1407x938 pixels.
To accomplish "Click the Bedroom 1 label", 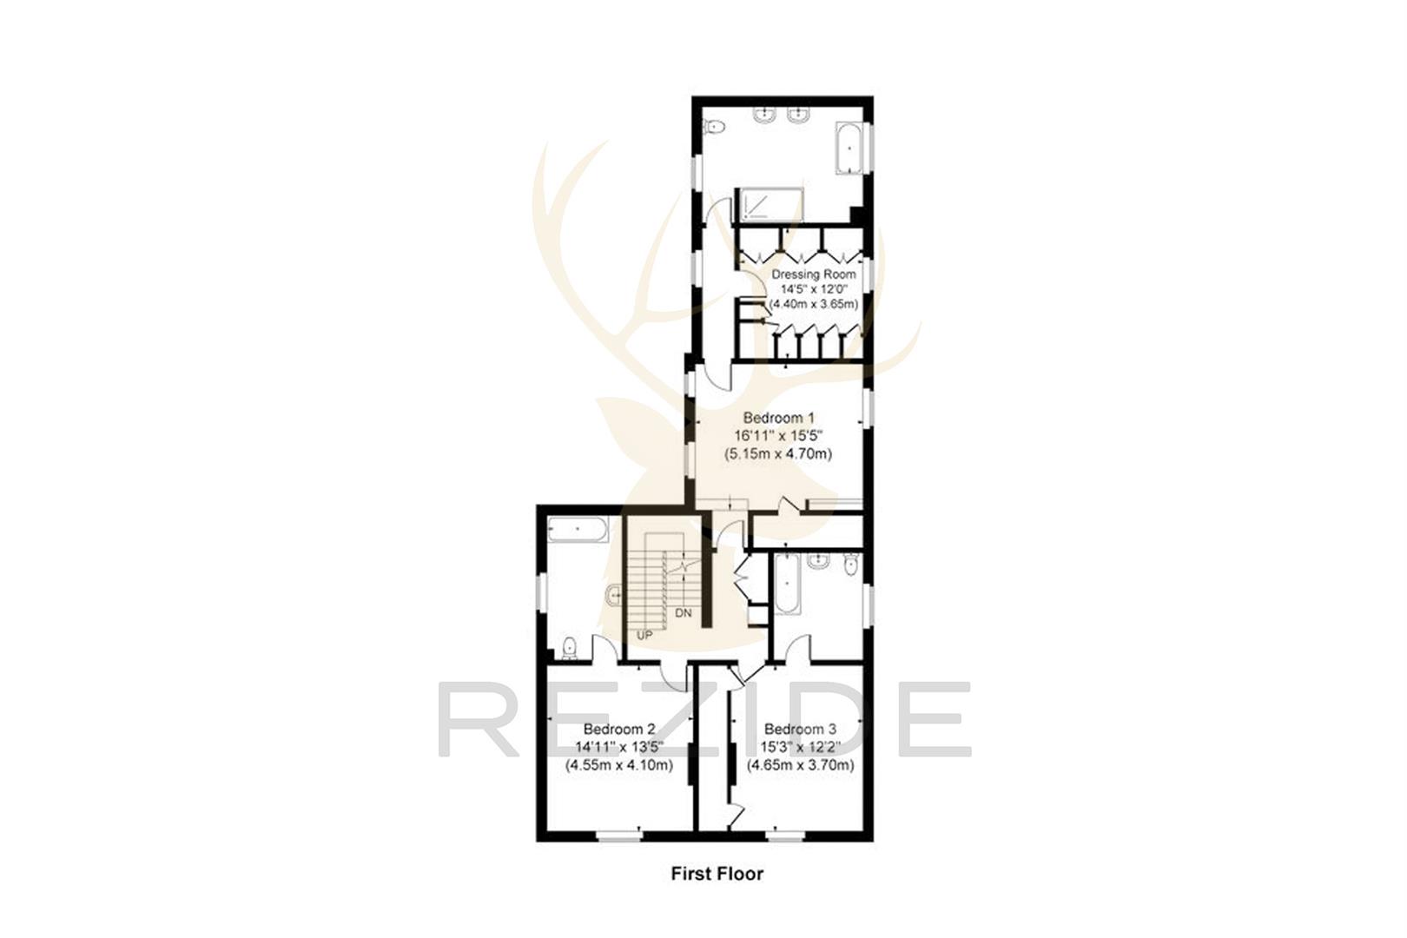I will click(x=778, y=419).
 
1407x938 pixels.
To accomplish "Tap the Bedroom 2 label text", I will click(x=619, y=730).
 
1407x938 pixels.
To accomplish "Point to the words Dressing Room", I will click(x=814, y=274).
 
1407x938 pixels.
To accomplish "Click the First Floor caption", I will click(x=717, y=874).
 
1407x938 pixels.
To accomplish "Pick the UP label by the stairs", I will click(x=644, y=635).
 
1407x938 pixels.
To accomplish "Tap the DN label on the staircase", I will click(x=684, y=613).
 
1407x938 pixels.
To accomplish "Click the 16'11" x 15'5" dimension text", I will click(x=778, y=436).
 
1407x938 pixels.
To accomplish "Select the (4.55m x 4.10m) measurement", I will click(x=619, y=765).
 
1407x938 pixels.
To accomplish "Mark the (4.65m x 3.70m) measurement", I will click(x=801, y=765).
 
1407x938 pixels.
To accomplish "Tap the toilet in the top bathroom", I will click(x=714, y=128).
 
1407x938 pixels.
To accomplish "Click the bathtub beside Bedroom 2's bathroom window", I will click(x=578, y=529).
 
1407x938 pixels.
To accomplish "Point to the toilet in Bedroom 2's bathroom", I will click(x=569, y=646).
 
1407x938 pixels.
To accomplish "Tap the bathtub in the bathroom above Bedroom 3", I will click(x=787, y=584).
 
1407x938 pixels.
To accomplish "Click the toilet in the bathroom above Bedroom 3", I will click(x=850, y=565).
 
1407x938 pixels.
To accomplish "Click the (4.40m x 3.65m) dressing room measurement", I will click(x=814, y=304).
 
